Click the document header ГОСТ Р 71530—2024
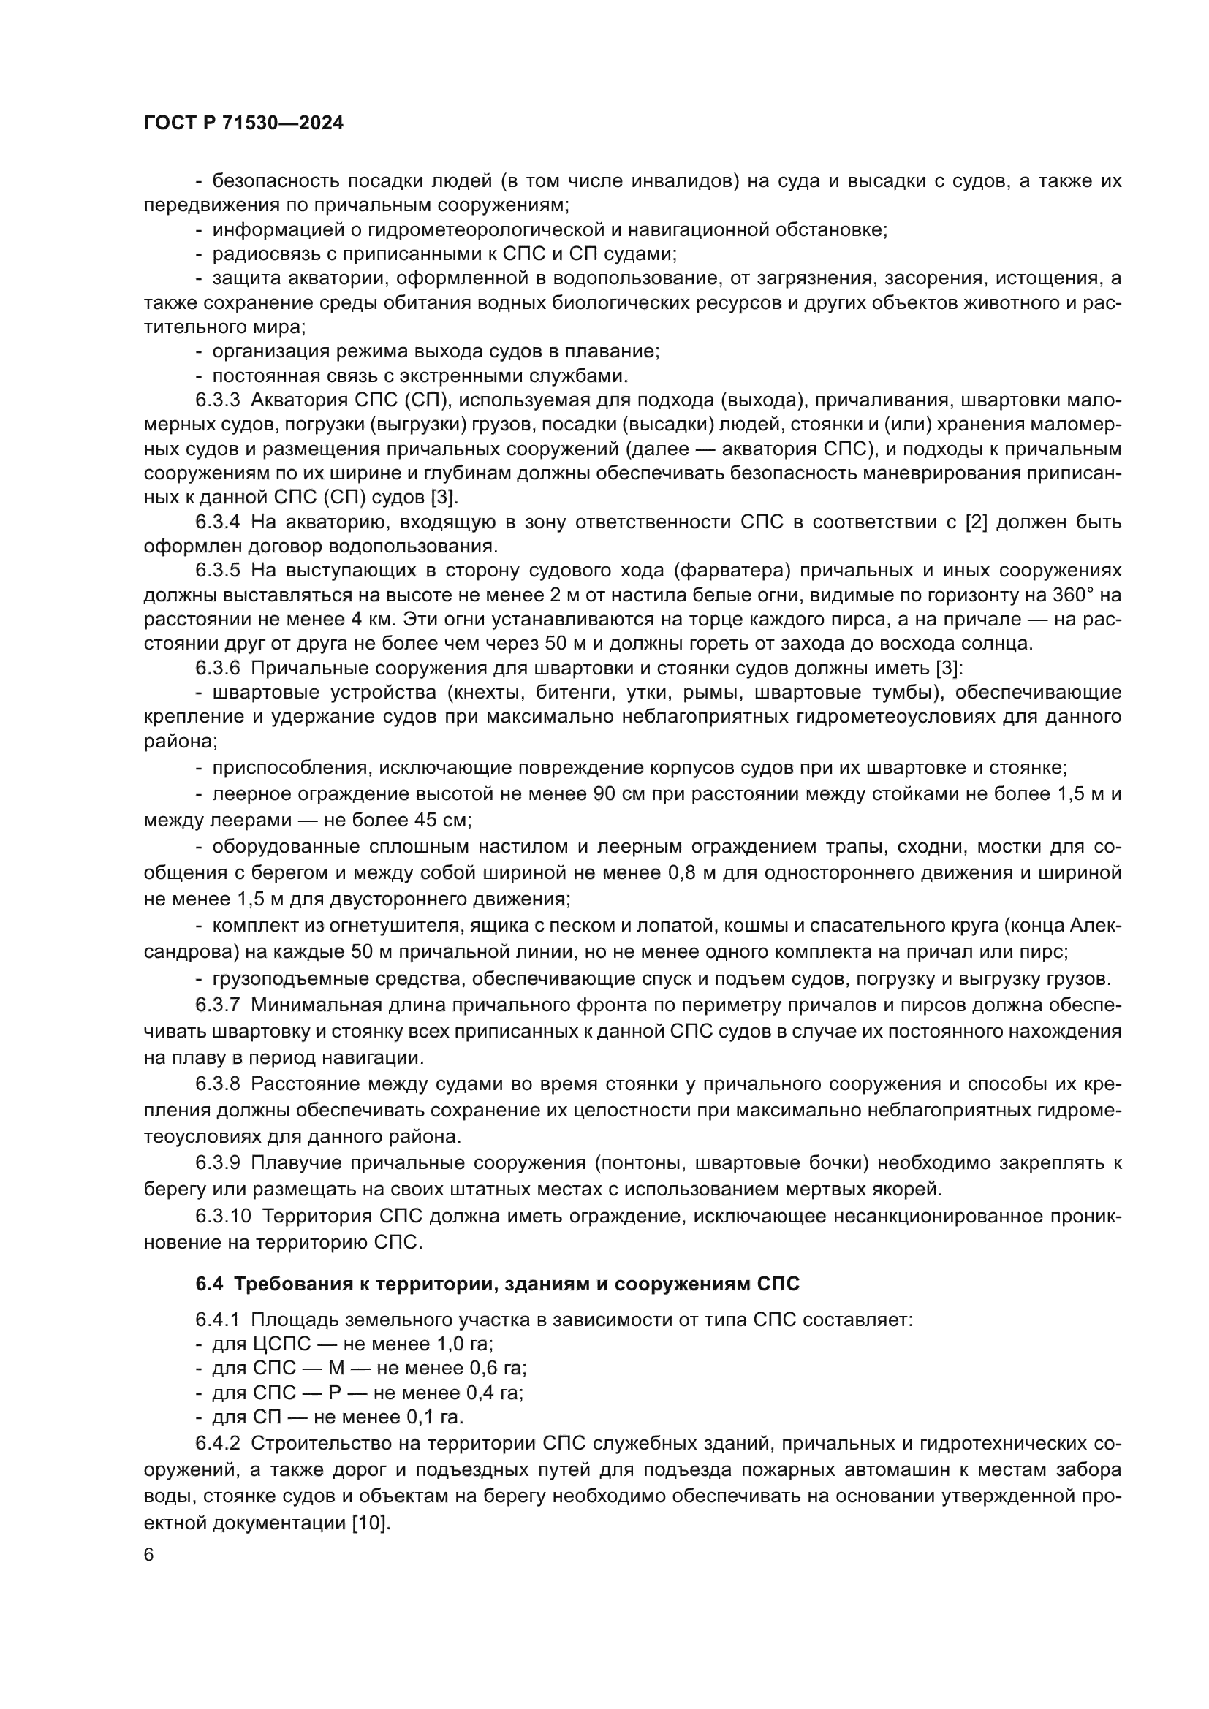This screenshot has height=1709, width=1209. (243, 123)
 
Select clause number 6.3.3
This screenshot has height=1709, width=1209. (217, 400)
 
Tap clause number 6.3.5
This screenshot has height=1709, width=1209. (217, 571)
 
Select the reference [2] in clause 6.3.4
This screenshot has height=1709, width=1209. (975, 522)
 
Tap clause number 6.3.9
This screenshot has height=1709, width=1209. (217, 1162)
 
